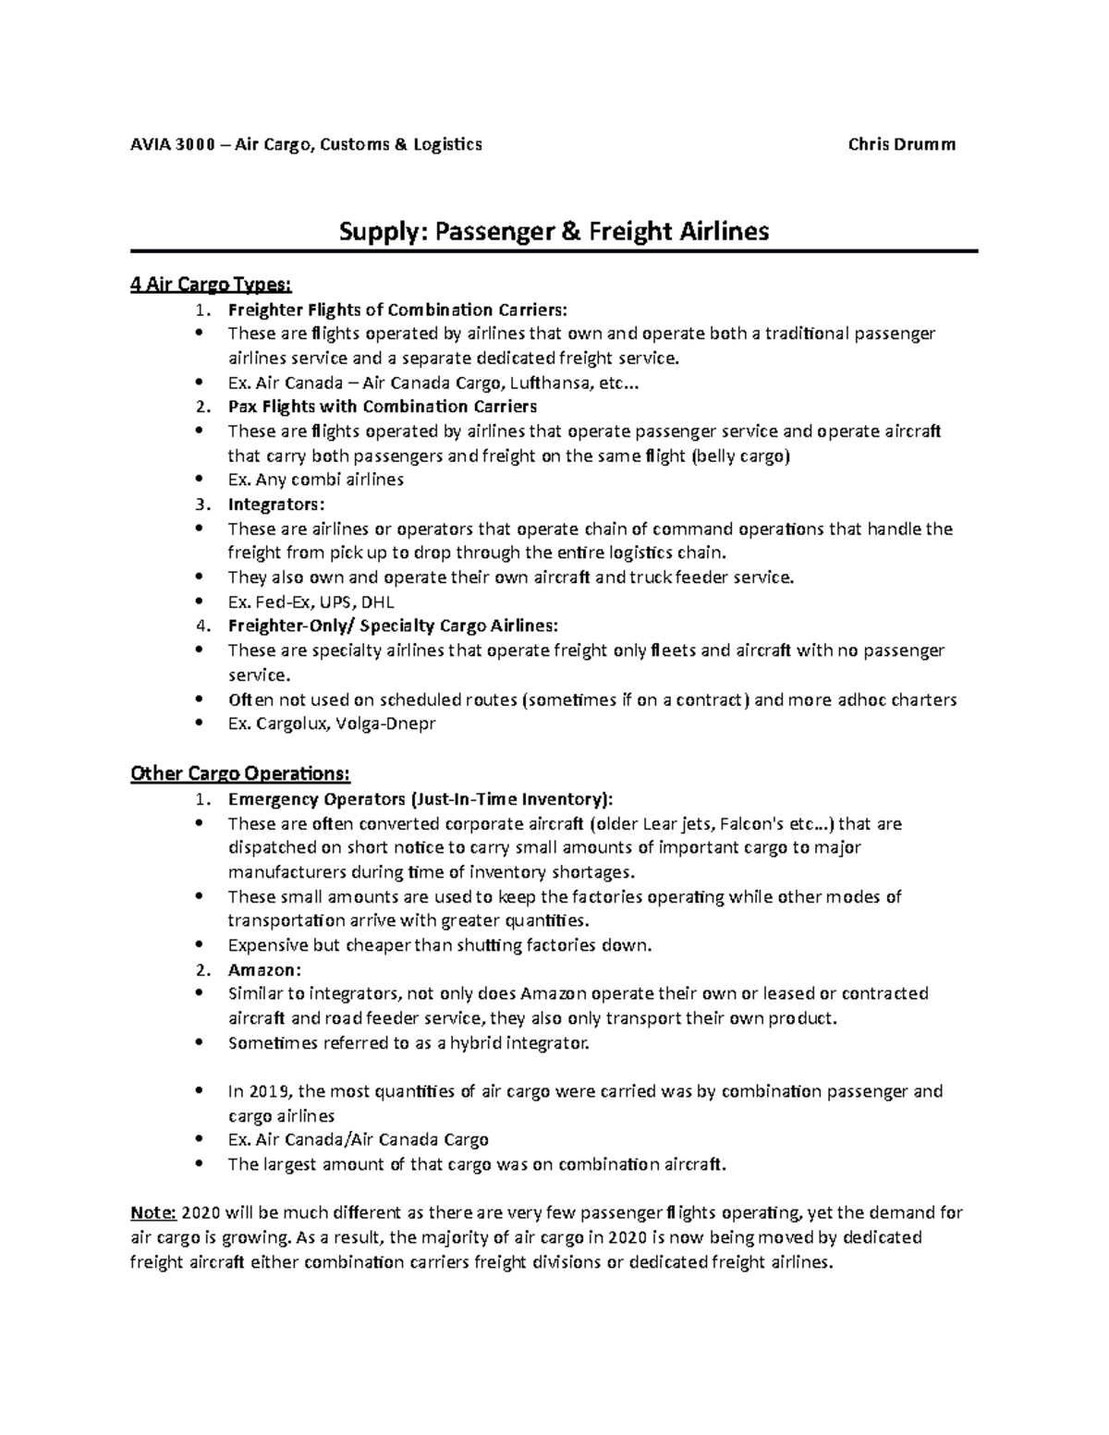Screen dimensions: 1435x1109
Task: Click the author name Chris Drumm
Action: click(901, 144)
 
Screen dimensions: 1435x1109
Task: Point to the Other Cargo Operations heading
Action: click(240, 773)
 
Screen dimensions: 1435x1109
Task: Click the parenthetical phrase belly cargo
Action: click(740, 456)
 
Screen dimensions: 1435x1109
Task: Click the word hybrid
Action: click(481, 1042)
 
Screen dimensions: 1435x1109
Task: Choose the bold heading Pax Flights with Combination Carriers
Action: click(382, 407)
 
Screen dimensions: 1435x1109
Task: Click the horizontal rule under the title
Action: click(554, 250)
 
